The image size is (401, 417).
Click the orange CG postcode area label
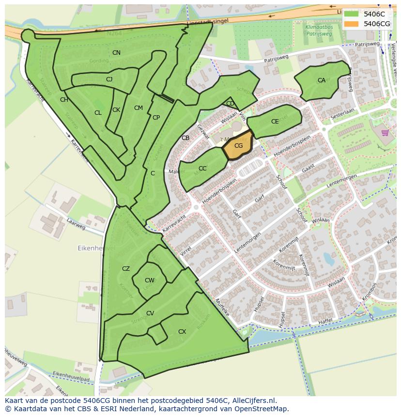pyautogui.click(x=238, y=145)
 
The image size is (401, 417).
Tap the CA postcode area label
pyautogui.click(x=322, y=80)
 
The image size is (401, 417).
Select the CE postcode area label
pyautogui.click(x=275, y=122)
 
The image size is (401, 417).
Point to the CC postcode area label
pyautogui.click(x=202, y=169)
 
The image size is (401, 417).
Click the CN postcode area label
pyautogui.click(x=116, y=52)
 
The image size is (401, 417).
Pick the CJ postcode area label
pyautogui.click(x=109, y=79)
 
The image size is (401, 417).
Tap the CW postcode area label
pyautogui.click(x=150, y=280)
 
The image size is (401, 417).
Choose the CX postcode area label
pyautogui.click(x=182, y=332)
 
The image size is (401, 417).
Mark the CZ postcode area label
pyautogui.click(x=126, y=269)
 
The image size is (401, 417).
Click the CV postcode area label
pyautogui.click(x=150, y=313)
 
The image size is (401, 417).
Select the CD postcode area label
pyautogui.click(x=230, y=103)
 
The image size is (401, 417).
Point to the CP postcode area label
pyautogui.click(x=156, y=118)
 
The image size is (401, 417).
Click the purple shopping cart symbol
pyautogui.click(x=385, y=133)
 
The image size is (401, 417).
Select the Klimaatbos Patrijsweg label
pyautogui.click(x=308, y=31)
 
